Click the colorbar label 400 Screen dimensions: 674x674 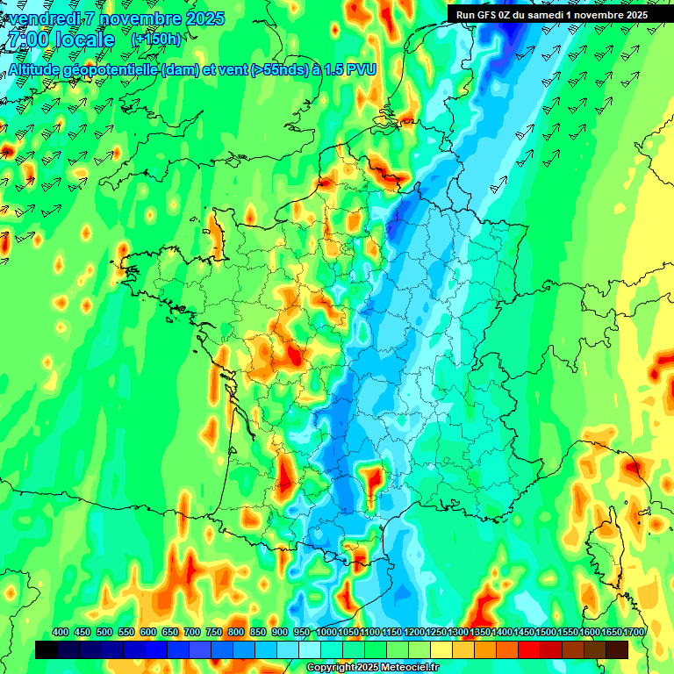(x=61, y=632)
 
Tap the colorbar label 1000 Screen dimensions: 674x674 (x=326, y=632)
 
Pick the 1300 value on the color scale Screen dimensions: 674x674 (x=458, y=632)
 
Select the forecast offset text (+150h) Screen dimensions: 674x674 (x=155, y=39)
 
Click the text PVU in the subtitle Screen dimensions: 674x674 (x=362, y=70)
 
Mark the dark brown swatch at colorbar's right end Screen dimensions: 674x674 (x=617, y=649)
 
